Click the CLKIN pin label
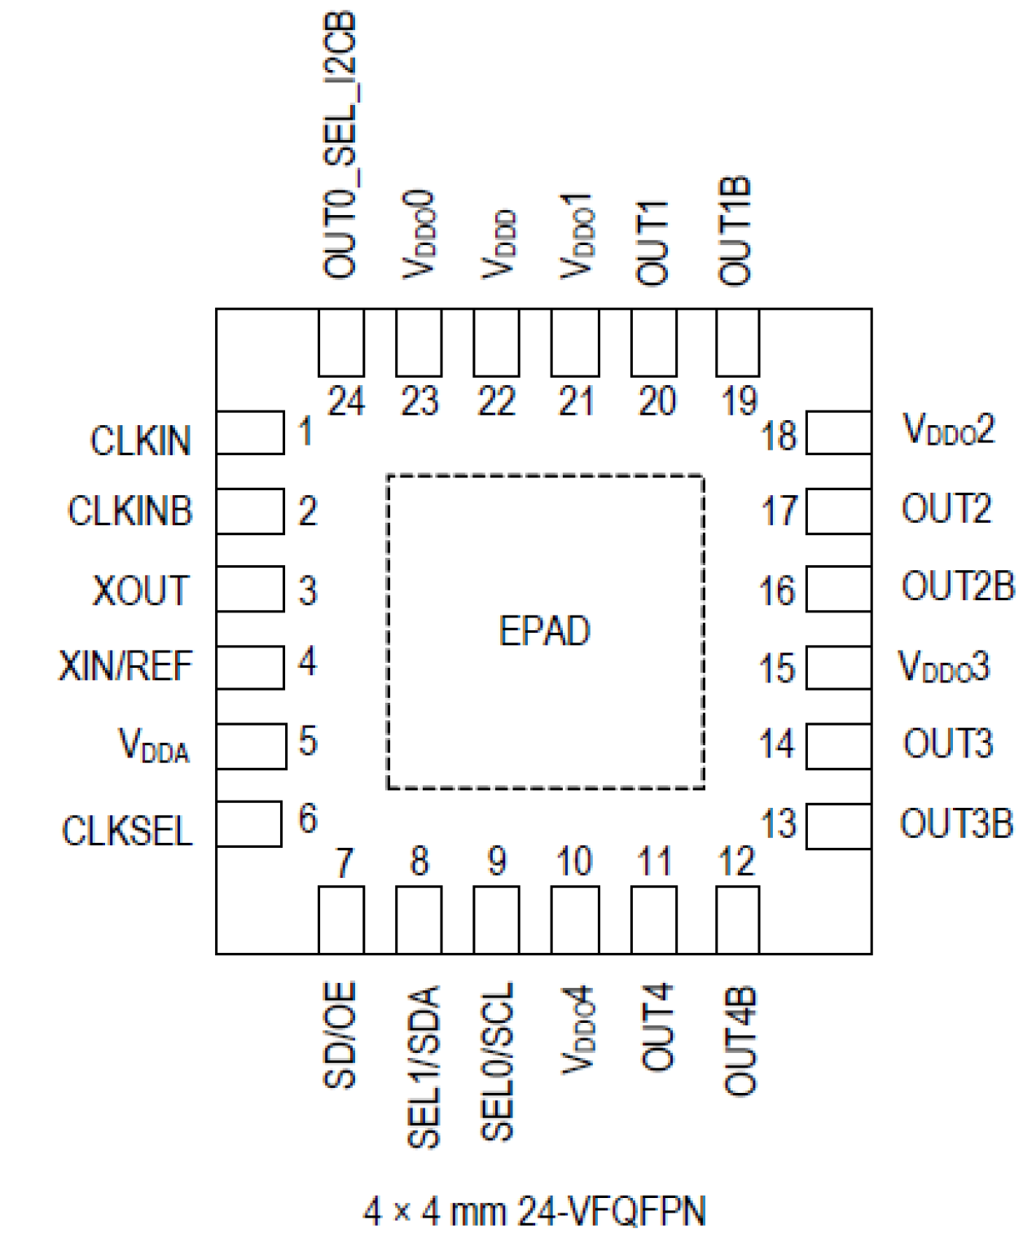tap(140, 441)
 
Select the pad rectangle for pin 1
tap(250, 432)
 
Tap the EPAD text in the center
tap(544, 631)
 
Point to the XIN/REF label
tap(125, 666)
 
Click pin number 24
tap(346, 401)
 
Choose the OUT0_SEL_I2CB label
tap(340, 145)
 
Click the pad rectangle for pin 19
tap(737, 343)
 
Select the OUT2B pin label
tap(957, 586)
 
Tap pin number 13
tap(778, 823)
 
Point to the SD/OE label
tap(340, 1035)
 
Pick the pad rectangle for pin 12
tap(737, 919)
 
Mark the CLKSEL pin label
tap(127, 832)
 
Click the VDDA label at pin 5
tap(154, 745)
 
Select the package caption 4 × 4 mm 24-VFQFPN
tap(534, 1211)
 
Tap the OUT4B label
tap(740, 1041)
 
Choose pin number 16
tap(776, 590)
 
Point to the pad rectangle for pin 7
tap(340, 919)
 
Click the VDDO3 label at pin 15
tap(944, 666)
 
